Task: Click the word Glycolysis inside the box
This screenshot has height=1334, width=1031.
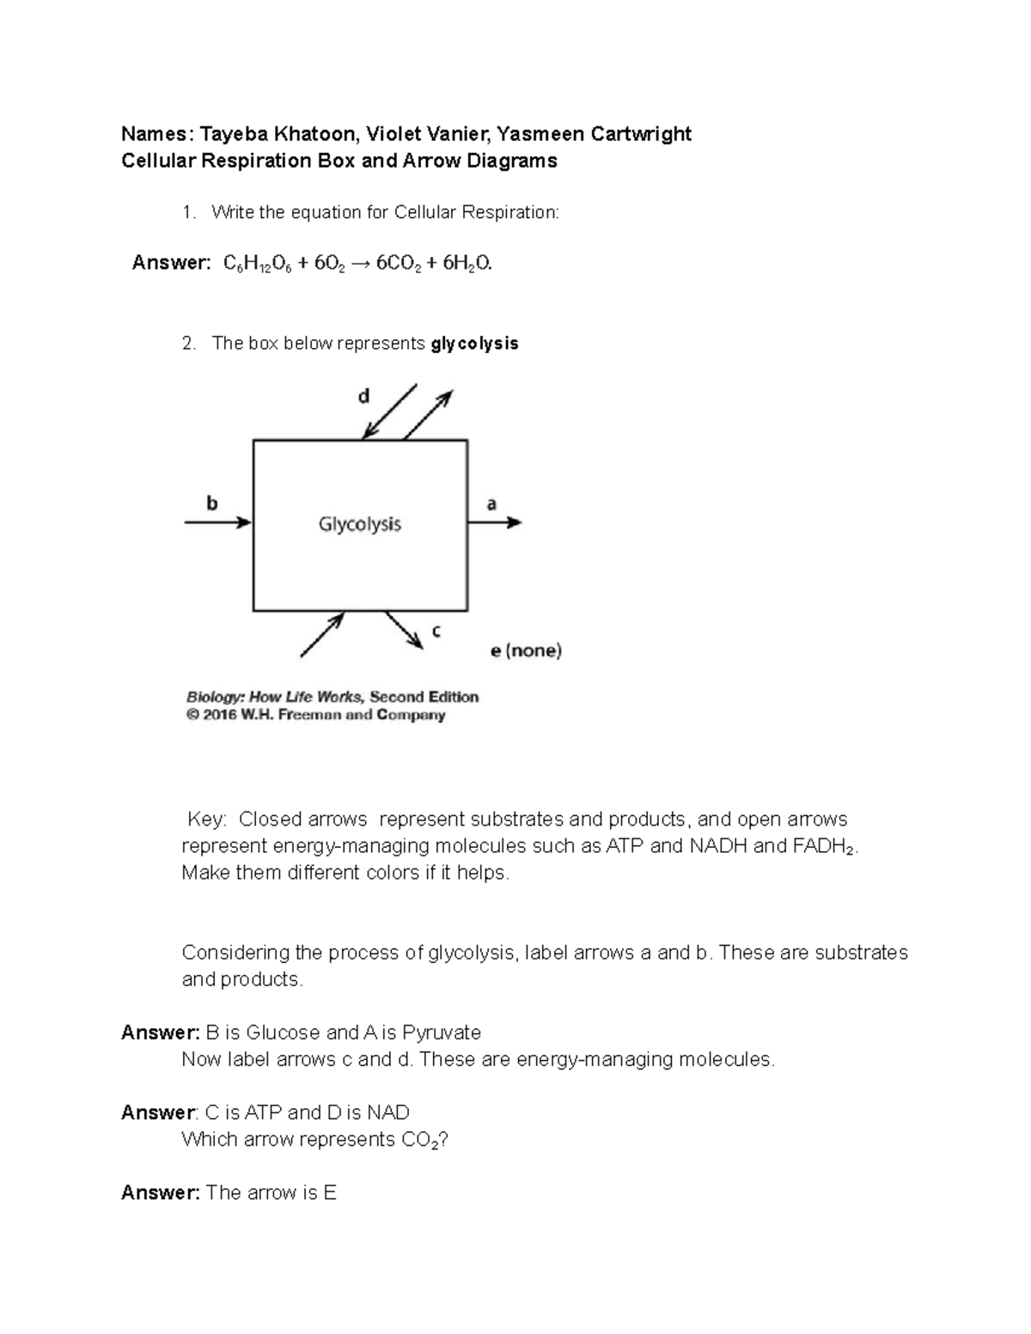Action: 360,524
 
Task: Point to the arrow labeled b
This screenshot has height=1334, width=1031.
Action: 217,522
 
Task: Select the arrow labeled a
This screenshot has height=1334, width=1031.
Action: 494,522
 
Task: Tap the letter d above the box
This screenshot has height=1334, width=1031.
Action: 363,396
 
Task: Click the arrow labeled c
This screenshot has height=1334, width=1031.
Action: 404,630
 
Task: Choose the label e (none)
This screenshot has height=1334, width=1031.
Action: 526,651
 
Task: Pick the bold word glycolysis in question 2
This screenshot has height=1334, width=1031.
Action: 475,344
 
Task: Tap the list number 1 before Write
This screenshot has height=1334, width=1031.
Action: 188,213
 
